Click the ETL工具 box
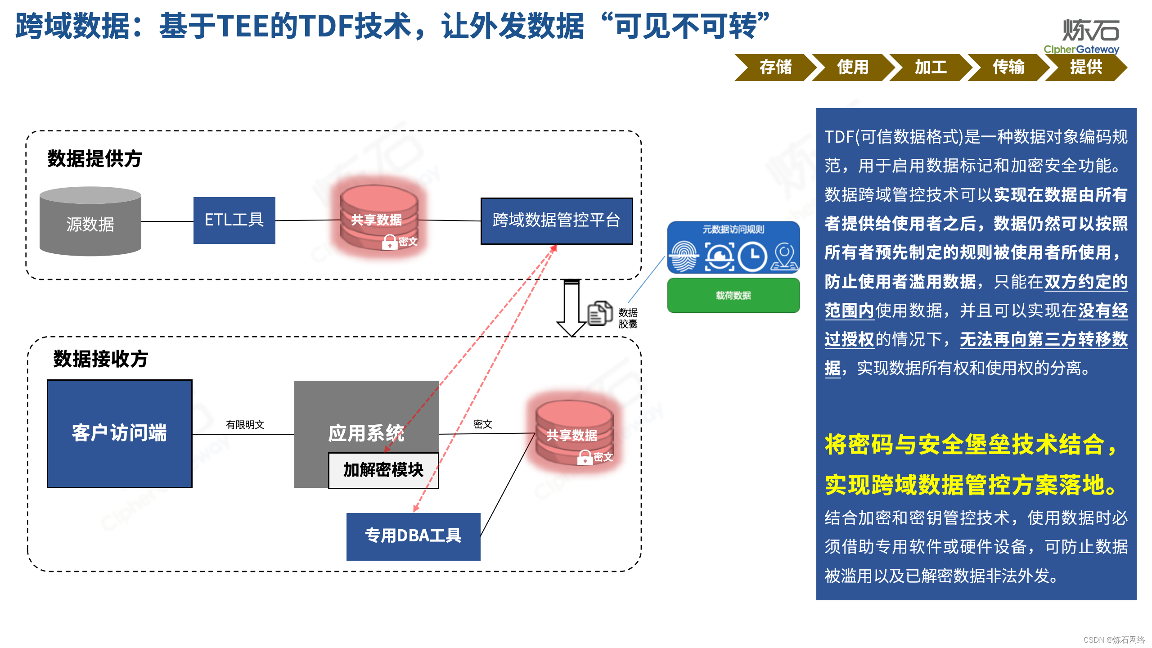(x=234, y=220)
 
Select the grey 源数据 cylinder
(x=90, y=222)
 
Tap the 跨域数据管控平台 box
(x=556, y=220)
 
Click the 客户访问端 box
(x=120, y=433)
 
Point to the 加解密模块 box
(x=383, y=470)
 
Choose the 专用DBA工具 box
(x=413, y=536)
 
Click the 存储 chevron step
(x=775, y=67)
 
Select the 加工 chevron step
(x=930, y=67)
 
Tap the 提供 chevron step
(x=1086, y=67)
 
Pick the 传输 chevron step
(x=1008, y=67)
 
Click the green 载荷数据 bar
(x=733, y=296)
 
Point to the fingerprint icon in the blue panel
(x=684, y=257)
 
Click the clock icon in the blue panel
(x=752, y=257)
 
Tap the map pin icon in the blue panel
(x=784, y=257)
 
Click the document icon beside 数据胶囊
(x=600, y=313)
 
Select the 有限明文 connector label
(x=245, y=425)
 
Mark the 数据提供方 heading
(x=94, y=159)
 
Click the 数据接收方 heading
(x=101, y=359)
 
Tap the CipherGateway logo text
(x=1081, y=49)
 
